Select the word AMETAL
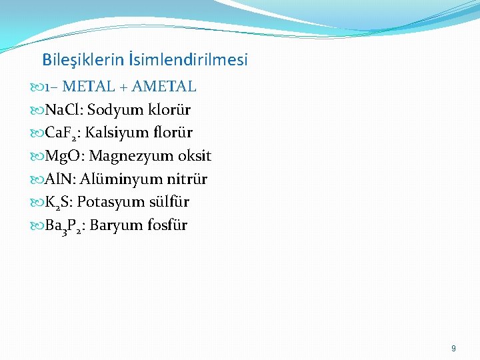pos(164,87)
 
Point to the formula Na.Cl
pos(63,109)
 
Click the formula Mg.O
pos(64,156)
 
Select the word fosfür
pos(167,225)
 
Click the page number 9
pos(453,349)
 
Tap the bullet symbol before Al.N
pos(38,179)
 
